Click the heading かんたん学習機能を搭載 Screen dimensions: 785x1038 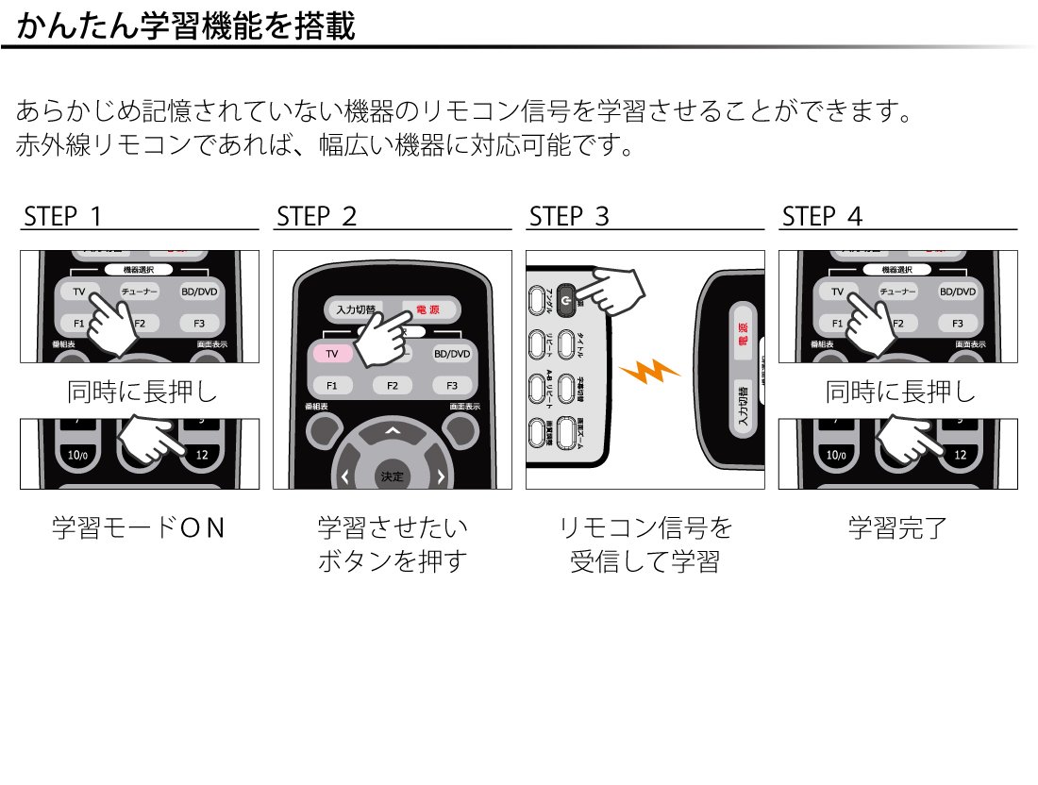(x=186, y=25)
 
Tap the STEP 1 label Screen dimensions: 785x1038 (x=62, y=217)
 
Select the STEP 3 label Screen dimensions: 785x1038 (x=569, y=217)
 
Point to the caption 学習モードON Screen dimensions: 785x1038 (x=139, y=527)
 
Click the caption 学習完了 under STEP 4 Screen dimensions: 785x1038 (x=897, y=527)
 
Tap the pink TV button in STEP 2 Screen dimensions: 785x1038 (x=331, y=354)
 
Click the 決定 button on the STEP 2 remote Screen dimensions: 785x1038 (x=392, y=476)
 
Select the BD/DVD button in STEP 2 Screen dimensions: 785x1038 (x=452, y=354)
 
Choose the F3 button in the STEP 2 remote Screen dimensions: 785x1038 (x=452, y=385)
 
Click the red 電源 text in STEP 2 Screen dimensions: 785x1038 (x=427, y=309)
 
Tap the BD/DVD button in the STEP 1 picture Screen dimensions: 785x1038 (x=199, y=292)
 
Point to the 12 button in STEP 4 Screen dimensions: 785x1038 (x=960, y=455)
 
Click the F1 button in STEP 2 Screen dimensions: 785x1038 (x=331, y=385)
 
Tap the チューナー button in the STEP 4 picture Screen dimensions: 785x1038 (x=897, y=292)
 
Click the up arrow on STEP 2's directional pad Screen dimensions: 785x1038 (x=393, y=431)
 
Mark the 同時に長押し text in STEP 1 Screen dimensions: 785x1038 (x=139, y=391)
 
